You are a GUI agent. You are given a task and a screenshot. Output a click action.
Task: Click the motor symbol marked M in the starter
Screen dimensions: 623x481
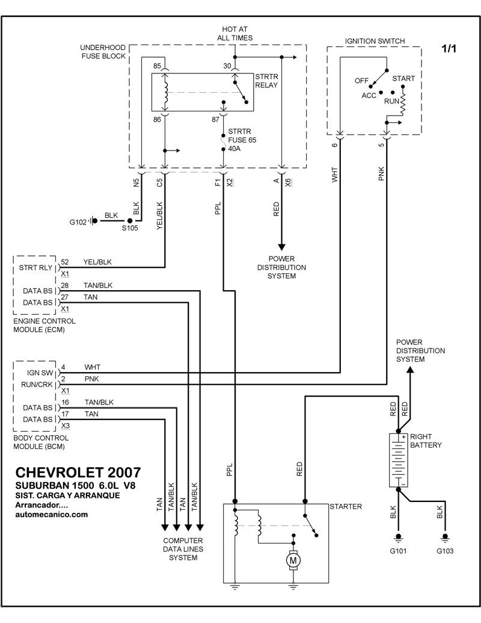294,560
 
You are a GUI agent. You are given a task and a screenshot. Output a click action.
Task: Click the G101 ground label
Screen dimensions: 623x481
397,550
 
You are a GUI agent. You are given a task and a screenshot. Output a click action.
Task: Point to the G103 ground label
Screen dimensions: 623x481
445,550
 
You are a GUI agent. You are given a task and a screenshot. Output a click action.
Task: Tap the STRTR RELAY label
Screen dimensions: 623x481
266,81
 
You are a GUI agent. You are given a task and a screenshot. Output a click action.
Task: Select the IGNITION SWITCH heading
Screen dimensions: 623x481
375,41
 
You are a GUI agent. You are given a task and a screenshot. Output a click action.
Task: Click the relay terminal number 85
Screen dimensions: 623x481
157,66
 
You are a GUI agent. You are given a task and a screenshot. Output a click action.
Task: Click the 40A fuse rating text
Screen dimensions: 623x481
233,150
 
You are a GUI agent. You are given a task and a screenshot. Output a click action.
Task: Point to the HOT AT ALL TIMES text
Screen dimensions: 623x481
234,33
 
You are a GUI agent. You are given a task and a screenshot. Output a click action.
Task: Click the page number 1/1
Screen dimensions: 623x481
449,49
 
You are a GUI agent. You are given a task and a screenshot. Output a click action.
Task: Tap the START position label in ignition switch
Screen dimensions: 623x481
403,78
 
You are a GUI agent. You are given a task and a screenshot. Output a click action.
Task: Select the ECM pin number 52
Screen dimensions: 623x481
65,262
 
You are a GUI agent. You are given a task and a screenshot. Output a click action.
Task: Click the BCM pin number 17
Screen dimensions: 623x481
65,414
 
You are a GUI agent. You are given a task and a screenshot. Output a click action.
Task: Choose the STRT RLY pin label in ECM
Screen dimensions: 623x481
35,267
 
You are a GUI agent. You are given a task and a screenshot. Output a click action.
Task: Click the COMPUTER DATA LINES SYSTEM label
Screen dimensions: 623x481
183,549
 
